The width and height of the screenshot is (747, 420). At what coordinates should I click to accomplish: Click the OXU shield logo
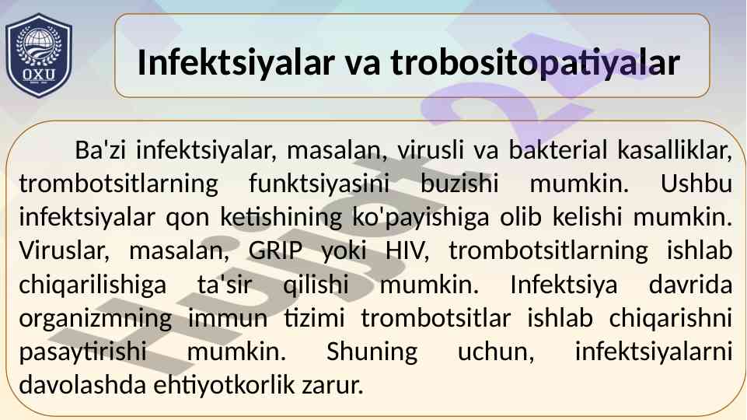[x=39, y=55]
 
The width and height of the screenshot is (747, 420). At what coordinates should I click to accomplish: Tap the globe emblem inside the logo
[x=39, y=44]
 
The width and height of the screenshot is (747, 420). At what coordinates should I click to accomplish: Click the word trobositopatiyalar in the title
[x=535, y=62]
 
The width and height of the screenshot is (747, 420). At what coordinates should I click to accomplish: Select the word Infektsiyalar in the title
[x=236, y=62]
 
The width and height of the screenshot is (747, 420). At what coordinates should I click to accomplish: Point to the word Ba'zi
[x=100, y=150]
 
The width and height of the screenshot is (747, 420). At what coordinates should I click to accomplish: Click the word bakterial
[x=558, y=150]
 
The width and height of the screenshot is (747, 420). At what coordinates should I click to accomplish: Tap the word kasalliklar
[x=675, y=151]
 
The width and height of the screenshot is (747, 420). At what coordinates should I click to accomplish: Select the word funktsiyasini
[x=319, y=184]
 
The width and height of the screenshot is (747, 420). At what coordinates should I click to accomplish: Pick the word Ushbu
[x=696, y=184]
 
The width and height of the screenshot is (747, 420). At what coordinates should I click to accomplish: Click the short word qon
[x=187, y=219]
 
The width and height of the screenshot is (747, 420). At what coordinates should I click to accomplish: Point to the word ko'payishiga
[x=421, y=218]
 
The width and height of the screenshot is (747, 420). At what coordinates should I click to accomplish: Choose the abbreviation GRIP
[x=275, y=250]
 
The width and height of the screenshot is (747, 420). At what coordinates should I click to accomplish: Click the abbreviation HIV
[x=407, y=251]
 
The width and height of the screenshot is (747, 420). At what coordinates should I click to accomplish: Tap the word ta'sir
[x=225, y=285]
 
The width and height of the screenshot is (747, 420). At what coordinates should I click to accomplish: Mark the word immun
[x=228, y=319]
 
